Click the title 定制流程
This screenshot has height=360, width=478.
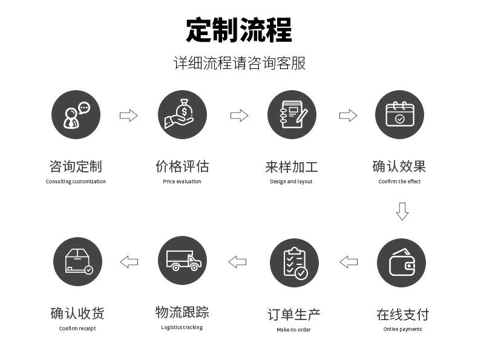(239, 30)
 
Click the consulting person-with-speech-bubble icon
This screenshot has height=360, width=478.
(76, 115)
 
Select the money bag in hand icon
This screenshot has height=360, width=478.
(182, 115)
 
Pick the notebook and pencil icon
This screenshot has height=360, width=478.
(292, 115)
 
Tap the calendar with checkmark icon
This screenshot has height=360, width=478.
(399, 115)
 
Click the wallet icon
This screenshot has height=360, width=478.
(401, 263)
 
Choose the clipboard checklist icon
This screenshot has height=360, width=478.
(294, 263)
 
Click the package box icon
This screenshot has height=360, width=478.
(77, 262)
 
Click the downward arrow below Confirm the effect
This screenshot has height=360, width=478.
(402, 211)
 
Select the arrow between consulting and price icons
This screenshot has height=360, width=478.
(129, 116)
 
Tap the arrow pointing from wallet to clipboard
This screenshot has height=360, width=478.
(349, 262)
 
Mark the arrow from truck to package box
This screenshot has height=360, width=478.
(129, 262)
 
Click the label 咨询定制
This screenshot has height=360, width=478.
(76, 166)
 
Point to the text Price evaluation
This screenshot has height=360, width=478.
(182, 182)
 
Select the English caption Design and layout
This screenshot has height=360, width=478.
(291, 182)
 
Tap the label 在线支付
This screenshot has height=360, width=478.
(402, 315)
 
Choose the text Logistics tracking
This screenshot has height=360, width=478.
(182, 327)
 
